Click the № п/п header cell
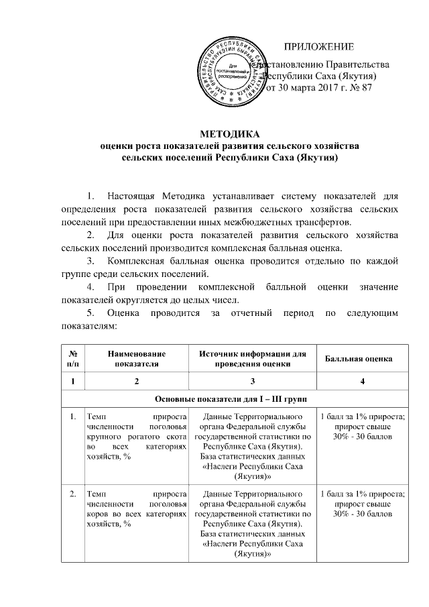pos(71,359)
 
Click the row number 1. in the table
pos(70,417)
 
